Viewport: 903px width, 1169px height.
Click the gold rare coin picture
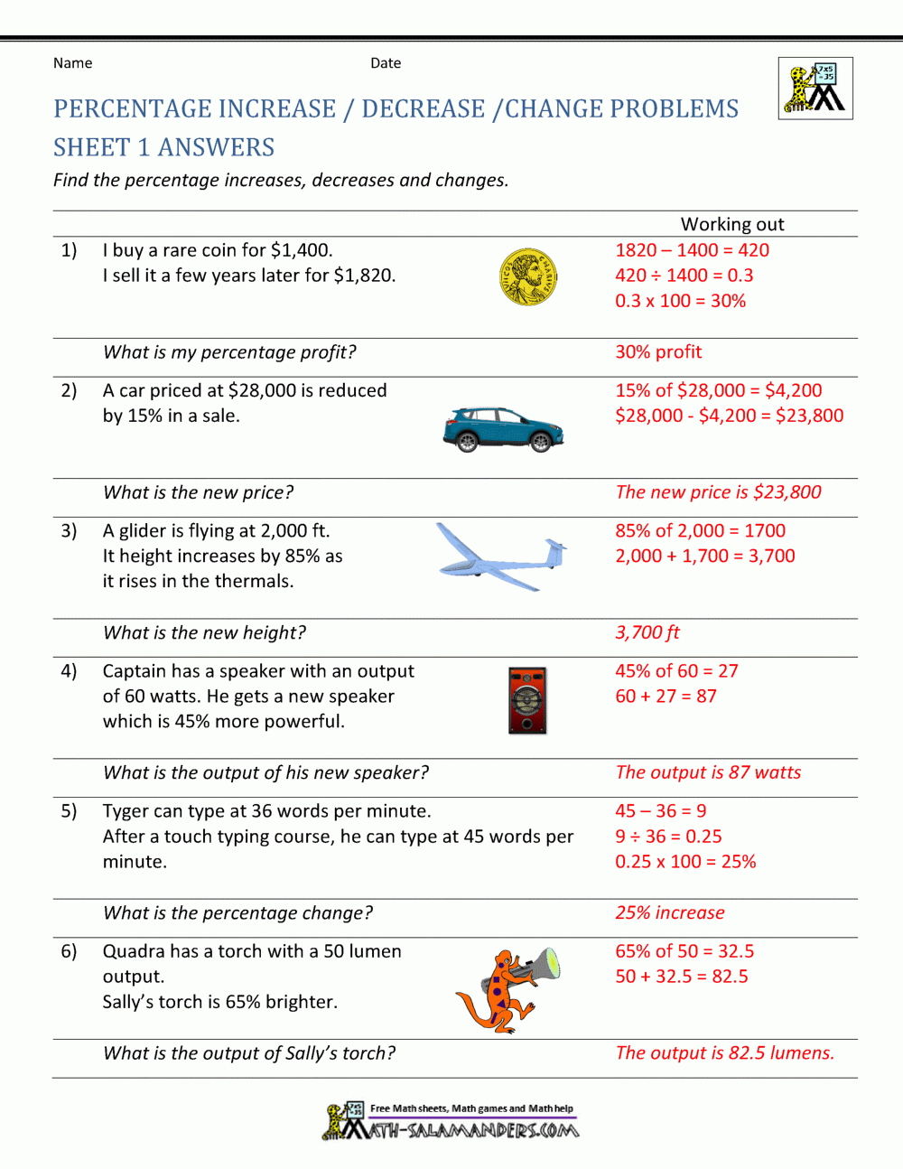tap(528, 277)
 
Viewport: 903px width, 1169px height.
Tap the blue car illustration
tap(503, 429)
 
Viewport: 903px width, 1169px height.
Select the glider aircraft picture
tap(502, 556)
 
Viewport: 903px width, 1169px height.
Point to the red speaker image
tap(527, 700)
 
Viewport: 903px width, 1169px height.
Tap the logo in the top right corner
tap(815, 89)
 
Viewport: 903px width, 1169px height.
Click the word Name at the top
tap(72, 63)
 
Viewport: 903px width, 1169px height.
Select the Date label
tap(386, 63)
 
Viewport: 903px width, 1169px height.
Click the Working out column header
tap(732, 224)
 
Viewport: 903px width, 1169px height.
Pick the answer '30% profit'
tap(658, 352)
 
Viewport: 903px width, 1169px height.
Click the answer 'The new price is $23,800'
tap(718, 492)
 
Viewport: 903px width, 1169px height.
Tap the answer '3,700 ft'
tap(647, 632)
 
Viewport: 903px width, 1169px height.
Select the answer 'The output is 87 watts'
tap(708, 772)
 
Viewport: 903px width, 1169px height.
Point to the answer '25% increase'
tap(669, 912)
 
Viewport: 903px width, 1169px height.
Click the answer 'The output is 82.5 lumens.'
tap(724, 1052)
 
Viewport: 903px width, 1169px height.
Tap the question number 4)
tap(69, 671)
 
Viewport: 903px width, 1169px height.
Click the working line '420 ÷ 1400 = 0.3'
tap(684, 276)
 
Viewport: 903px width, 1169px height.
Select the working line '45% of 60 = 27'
tap(676, 671)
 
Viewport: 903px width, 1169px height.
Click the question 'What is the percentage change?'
tap(237, 912)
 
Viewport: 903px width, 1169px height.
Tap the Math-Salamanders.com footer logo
tap(451, 1121)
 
